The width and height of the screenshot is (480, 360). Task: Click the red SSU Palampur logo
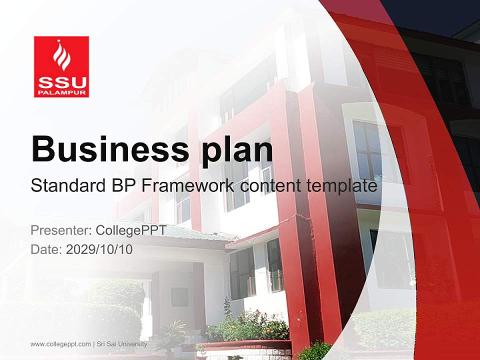pyautogui.click(x=61, y=66)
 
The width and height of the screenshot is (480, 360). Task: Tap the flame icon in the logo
pyautogui.click(x=61, y=55)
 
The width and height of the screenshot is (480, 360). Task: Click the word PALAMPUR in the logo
pyautogui.click(x=61, y=92)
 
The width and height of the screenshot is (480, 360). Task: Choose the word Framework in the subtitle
pyautogui.click(x=187, y=185)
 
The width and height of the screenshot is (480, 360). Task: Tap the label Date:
pyautogui.click(x=46, y=249)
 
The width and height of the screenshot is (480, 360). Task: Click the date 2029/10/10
pyautogui.click(x=99, y=249)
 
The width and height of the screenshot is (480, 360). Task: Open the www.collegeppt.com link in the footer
pyautogui.click(x=60, y=344)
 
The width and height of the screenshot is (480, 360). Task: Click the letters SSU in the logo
pyautogui.click(x=61, y=81)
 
